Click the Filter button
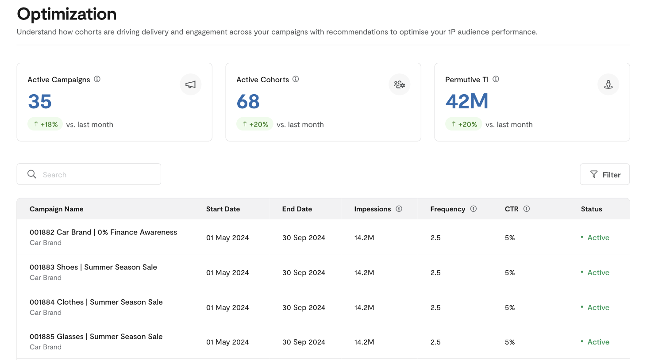[605, 175]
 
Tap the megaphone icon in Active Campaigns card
[191, 84]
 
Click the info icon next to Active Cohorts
[296, 79]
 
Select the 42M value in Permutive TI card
[467, 101]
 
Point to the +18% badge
[45, 124]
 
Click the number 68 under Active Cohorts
[248, 101]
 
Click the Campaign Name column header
[57, 209]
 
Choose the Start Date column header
[223, 209]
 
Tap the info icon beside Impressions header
[399, 209]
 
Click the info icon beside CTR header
[527, 209]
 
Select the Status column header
[591, 209]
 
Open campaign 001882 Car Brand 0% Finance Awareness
[103, 232]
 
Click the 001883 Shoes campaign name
[93, 267]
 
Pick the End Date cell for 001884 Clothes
[304, 307]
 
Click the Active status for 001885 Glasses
[598, 342]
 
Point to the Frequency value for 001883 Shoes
[435, 272]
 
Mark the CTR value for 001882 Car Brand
[510, 237]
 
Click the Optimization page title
[67, 14]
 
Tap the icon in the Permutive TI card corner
[608, 84]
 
